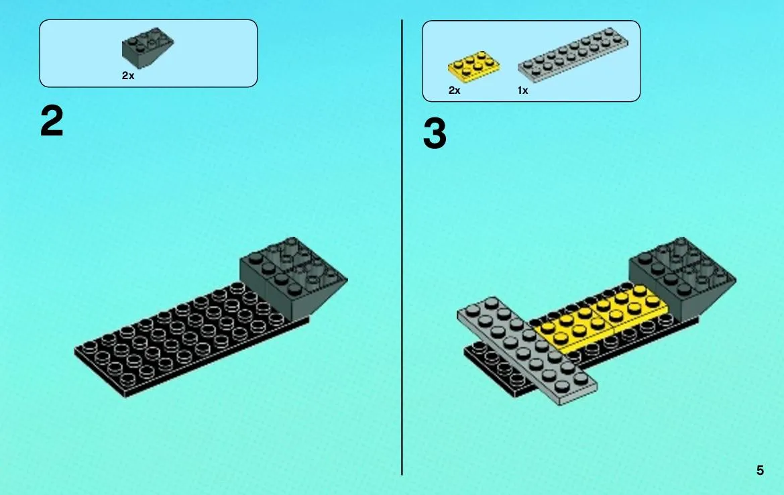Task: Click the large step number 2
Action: point(52,121)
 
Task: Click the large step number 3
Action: point(435,133)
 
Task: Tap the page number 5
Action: point(760,470)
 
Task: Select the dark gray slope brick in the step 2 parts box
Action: point(147,48)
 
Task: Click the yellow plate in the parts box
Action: point(473,66)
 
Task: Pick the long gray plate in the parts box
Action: point(573,54)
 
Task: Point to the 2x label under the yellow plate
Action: point(454,91)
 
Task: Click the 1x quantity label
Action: point(522,91)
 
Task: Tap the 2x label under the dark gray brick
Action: point(128,76)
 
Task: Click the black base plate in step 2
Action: point(190,340)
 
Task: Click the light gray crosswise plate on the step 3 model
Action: point(526,351)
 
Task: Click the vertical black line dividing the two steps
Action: point(402,248)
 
